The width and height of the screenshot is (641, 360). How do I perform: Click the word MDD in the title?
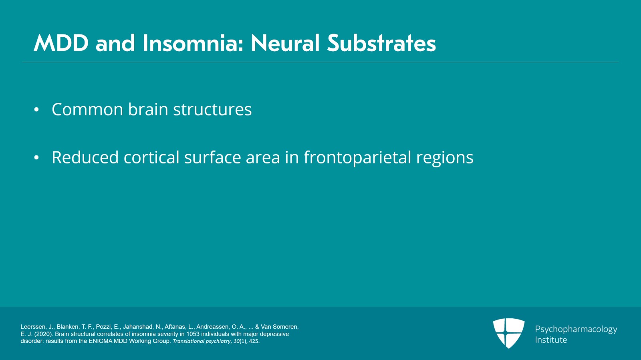tap(61, 43)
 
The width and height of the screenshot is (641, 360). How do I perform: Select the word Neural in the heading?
tap(285, 43)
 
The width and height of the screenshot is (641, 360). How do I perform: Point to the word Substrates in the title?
tap(381, 43)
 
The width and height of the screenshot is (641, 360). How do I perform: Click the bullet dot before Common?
tap(36, 110)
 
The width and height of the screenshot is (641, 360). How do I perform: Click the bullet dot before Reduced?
tap(36, 158)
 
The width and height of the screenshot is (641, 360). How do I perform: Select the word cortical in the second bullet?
tap(151, 157)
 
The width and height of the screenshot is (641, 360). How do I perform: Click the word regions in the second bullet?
tap(445, 158)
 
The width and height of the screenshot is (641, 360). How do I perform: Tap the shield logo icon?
tap(508, 333)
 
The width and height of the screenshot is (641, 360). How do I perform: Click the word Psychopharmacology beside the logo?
tap(576, 329)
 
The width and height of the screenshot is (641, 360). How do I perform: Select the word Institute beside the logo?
tap(551, 340)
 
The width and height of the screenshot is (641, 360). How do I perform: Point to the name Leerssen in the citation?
tap(34, 327)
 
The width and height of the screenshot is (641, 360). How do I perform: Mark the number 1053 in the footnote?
tap(193, 334)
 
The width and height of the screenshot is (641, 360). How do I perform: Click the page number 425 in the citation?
tap(254, 341)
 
